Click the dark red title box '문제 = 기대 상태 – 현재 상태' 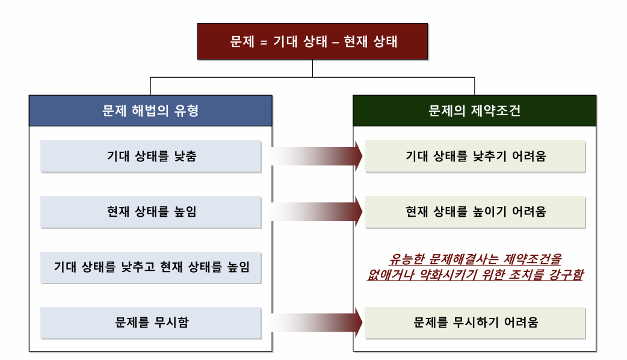[312, 42]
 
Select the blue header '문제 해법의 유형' [150, 110]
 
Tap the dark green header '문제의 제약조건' [474, 110]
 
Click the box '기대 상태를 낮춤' [151, 157]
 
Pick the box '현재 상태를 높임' [151, 212]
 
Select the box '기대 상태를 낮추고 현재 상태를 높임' [151, 267]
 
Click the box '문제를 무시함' [151, 322]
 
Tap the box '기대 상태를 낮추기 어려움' [475, 157]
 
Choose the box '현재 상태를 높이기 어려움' [475, 212]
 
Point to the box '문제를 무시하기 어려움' [475, 322]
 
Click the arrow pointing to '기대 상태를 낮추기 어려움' [317, 157]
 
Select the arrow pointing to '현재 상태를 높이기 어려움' [317, 212]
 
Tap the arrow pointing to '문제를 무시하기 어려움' [317, 322]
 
